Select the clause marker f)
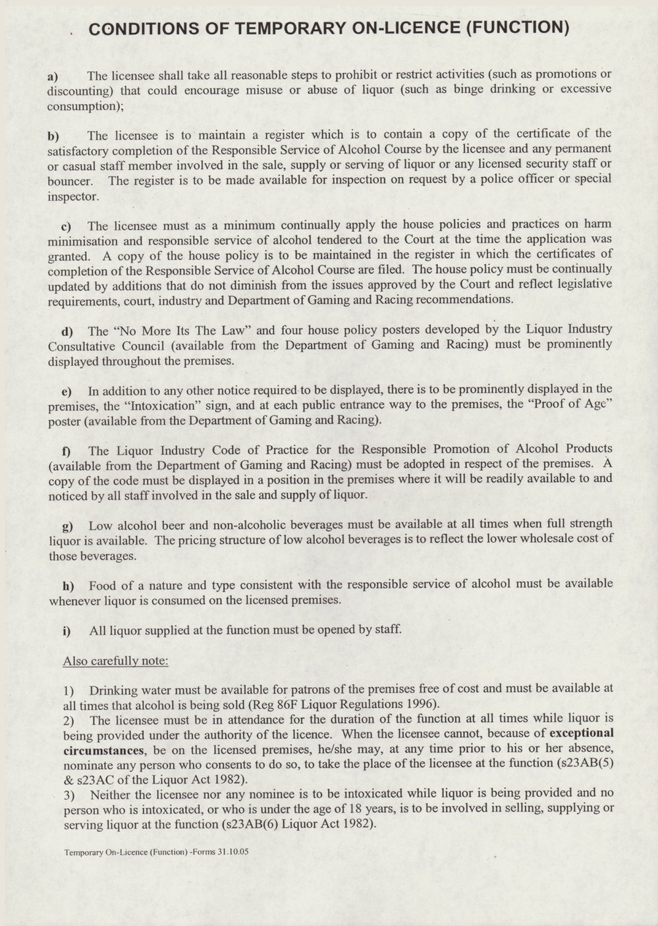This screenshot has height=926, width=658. point(66,451)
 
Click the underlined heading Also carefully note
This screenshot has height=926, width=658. point(116,660)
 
